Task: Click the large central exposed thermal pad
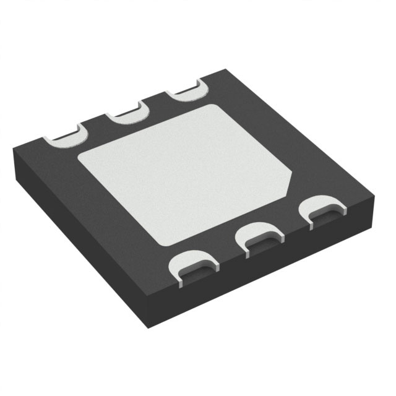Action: [x=186, y=176]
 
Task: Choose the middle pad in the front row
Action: [x=259, y=238]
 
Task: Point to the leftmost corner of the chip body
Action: [x=13, y=152]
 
